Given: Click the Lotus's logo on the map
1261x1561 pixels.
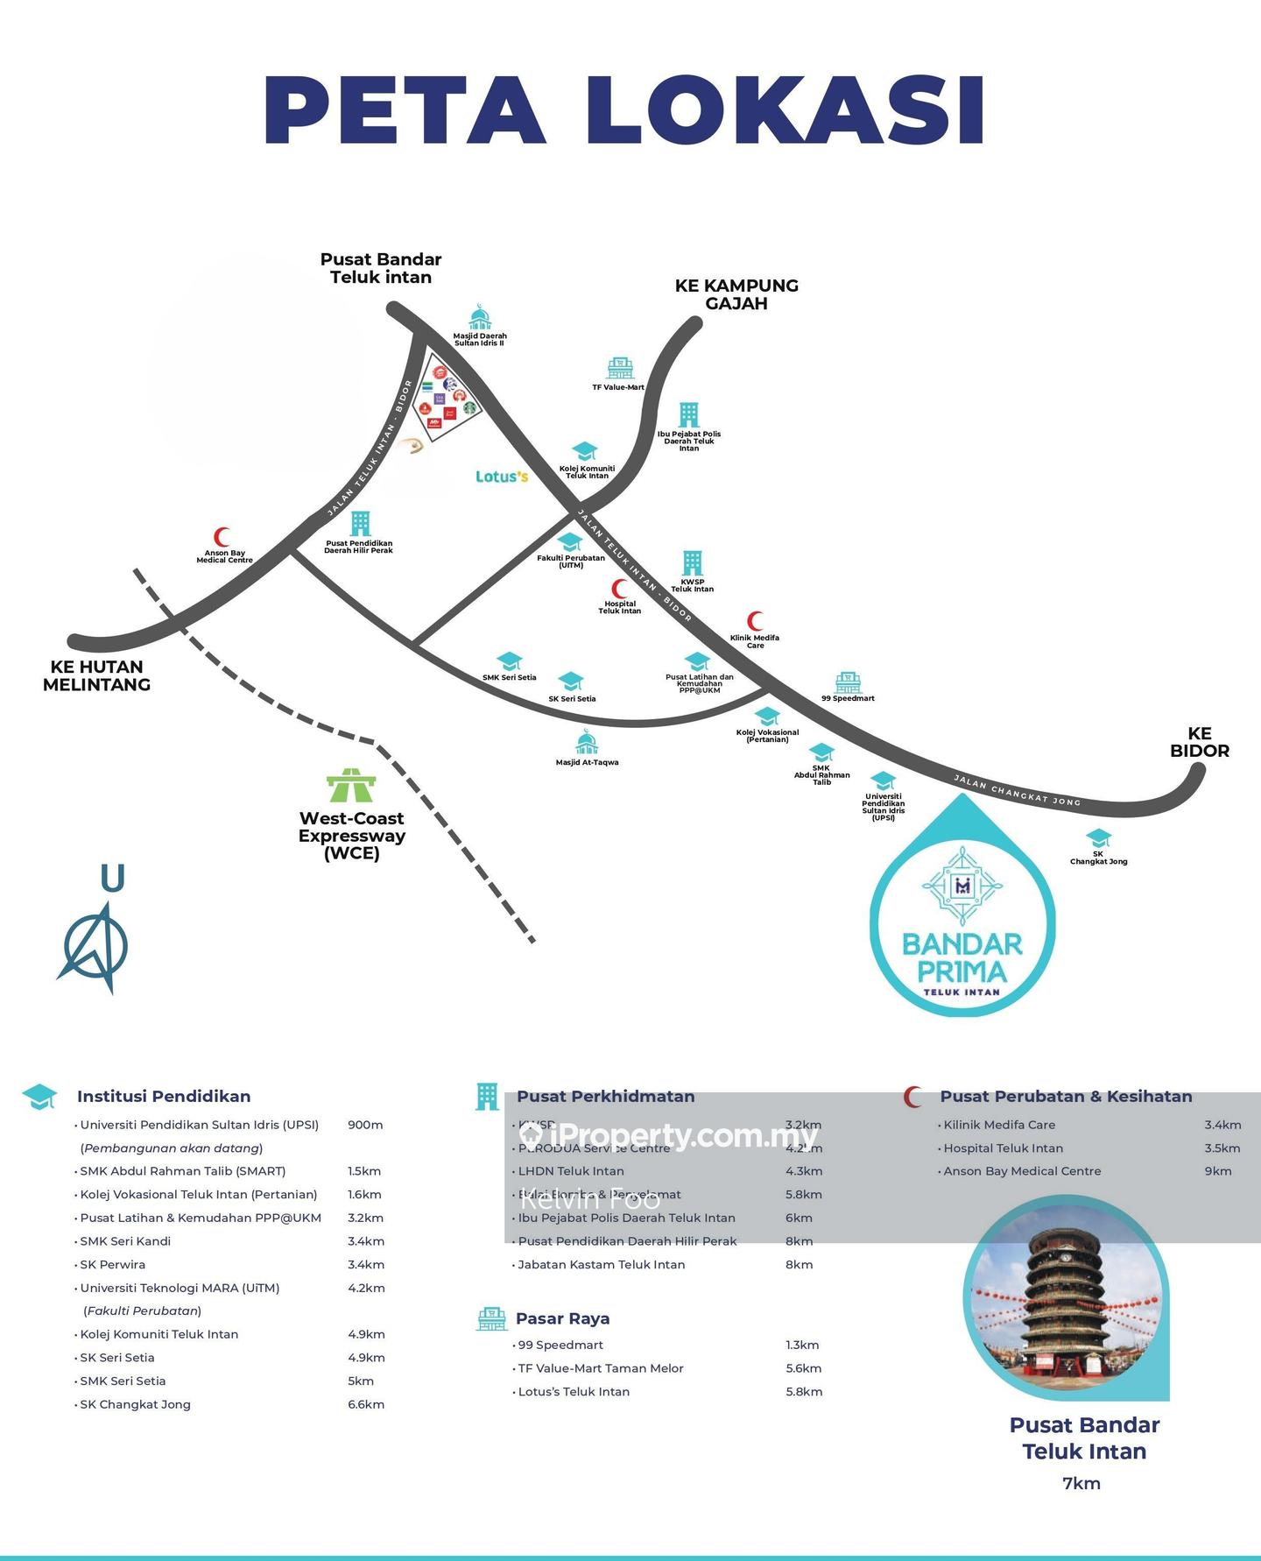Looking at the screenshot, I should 502,477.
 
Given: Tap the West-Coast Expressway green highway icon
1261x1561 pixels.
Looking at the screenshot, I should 351,785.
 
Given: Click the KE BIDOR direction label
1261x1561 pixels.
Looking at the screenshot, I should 1200,742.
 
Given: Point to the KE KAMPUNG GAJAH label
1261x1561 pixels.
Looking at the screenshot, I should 736,294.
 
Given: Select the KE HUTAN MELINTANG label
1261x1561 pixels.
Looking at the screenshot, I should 96,675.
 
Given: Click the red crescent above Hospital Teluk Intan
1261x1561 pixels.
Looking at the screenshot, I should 620,589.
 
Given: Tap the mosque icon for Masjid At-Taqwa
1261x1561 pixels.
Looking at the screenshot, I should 587,742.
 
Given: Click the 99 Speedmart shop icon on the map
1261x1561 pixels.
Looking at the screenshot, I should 848,682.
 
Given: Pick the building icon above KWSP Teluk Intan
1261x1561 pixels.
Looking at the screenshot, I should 692,563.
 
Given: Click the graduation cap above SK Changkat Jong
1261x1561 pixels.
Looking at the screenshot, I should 1098,838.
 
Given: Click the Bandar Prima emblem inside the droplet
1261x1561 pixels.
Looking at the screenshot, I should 962,886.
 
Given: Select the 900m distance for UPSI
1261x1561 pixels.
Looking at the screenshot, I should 365,1125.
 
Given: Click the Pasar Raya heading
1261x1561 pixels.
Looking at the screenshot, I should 562,1318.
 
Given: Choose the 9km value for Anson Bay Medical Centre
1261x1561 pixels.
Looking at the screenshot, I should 1218,1171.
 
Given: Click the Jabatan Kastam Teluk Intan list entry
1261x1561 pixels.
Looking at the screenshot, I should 602,1265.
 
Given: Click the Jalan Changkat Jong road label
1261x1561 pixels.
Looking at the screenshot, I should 1017,790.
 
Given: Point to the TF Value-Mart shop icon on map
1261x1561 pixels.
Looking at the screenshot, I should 620,367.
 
